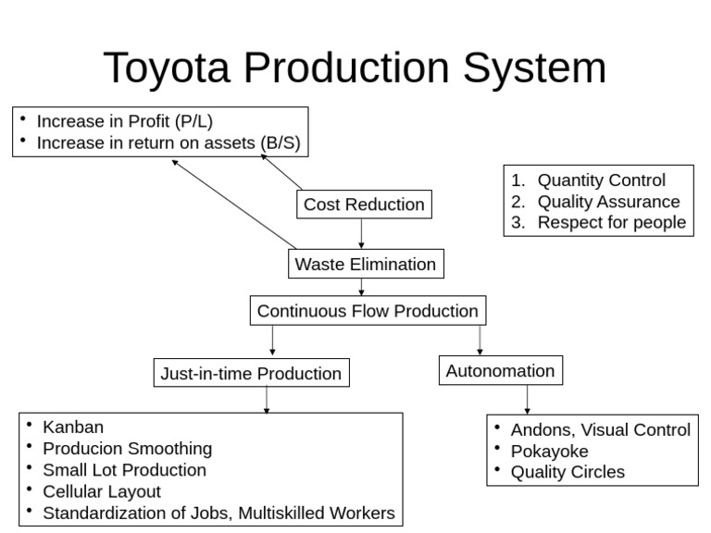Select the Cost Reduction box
click(364, 205)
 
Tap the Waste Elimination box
click(365, 264)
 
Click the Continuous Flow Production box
click(368, 311)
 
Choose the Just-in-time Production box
click(251, 374)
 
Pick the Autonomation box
click(500, 371)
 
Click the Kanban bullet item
click(73, 427)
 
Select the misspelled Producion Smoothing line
click(127, 448)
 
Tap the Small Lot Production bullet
click(124, 469)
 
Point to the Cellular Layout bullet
click(102, 491)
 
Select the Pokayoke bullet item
click(549, 451)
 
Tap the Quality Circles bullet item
click(568, 472)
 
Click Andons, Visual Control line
click(600, 429)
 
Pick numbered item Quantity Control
click(601, 180)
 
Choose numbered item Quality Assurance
click(608, 202)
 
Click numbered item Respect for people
click(611, 222)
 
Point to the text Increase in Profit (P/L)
click(131, 121)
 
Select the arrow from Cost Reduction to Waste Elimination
click(361, 234)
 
